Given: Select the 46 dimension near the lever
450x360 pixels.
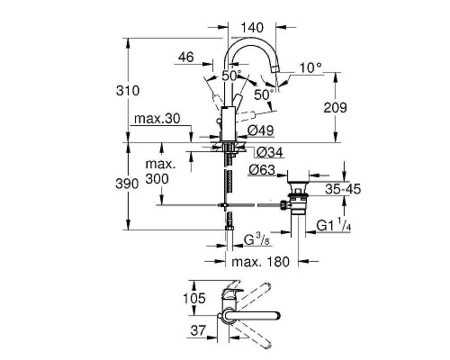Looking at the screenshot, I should pos(186,58).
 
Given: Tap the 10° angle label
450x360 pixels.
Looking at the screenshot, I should pos(310,67).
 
